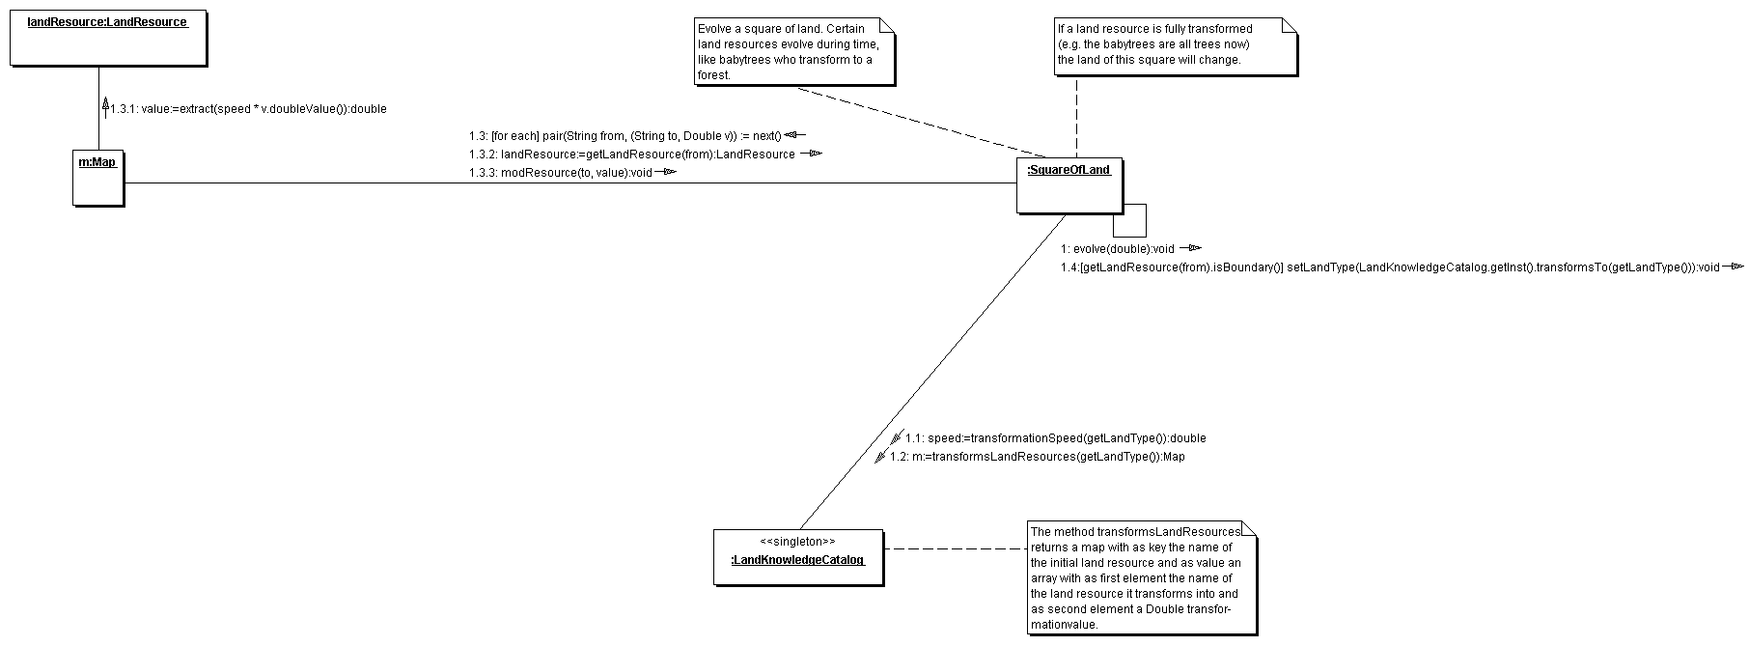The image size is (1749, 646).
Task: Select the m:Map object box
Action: click(98, 177)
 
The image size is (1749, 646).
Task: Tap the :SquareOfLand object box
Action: click(1069, 185)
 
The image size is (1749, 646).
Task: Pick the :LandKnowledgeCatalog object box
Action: click(797, 556)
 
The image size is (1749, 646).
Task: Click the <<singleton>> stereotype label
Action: click(797, 542)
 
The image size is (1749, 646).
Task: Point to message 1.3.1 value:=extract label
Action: click(248, 109)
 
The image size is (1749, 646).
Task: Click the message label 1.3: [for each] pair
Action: click(625, 136)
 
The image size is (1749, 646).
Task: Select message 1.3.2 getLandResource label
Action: click(632, 154)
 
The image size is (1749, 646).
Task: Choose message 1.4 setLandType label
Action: click(1390, 267)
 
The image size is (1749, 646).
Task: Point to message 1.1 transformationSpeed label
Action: click(1055, 438)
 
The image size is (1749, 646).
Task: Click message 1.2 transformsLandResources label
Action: click(1037, 457)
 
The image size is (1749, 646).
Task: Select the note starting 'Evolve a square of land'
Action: click(793, 51)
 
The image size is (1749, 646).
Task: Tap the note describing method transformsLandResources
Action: click(1142, 577)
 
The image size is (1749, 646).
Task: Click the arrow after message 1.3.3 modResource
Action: click(666, 173)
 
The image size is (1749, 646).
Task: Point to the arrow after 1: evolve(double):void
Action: click(1189, 248)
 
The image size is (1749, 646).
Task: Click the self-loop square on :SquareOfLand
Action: click(1131, 221)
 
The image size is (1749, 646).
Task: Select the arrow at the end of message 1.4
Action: click(1734, 267)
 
